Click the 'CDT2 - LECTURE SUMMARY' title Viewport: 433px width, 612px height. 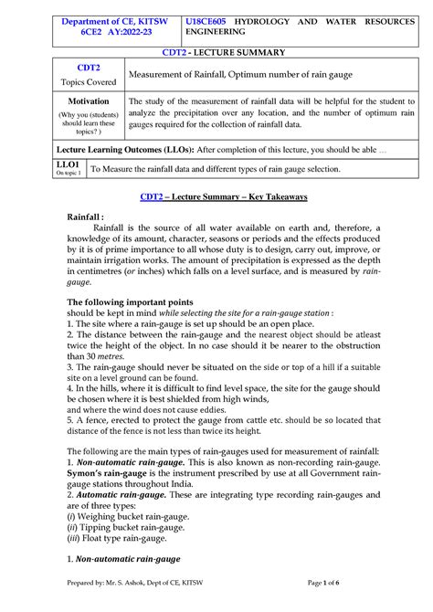[216, 54]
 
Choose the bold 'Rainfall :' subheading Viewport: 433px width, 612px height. [93, 217]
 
